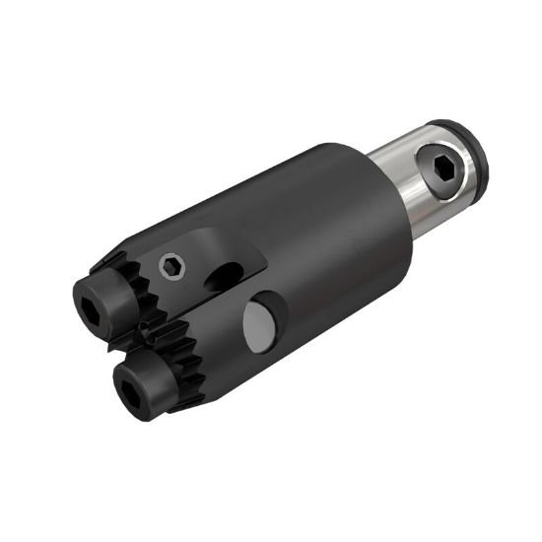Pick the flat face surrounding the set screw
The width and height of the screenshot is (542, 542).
(x=187, y=251)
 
